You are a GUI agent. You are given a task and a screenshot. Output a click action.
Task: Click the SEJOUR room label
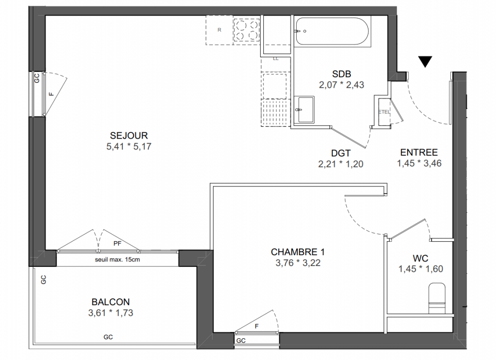tap(129, 135)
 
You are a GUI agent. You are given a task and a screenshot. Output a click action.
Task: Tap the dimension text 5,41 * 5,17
tap(129, 146)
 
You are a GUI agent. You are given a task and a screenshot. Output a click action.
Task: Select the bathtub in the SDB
tap(332, 31)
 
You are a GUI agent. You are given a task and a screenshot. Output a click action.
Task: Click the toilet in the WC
tap(437, 298)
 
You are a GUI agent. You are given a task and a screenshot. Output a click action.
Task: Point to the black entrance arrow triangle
tap(425, 62)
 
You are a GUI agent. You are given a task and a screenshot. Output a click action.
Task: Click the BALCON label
tap(110, 302)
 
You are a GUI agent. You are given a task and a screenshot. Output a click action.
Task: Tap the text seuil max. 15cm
tap(117, 260)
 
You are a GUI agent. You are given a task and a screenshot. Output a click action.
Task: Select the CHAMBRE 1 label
tap(298, 252)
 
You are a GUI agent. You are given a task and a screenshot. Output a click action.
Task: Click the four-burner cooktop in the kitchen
tap(246, 30)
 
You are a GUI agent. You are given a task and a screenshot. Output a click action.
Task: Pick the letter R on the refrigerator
tap(219, 30)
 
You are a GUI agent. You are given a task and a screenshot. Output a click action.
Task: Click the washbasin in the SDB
tap(304, 109)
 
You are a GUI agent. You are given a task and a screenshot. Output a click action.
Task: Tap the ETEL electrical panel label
tap(384, 112)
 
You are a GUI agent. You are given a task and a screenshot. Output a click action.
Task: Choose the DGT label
tap(341, 153)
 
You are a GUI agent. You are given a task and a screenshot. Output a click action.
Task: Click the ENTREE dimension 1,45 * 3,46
tap(419, 163)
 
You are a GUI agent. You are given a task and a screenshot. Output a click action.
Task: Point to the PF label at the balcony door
tap(118, 244)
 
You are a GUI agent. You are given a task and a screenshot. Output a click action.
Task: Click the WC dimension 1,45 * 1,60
tap(421, 269)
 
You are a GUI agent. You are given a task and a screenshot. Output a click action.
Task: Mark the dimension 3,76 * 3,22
tap(298, 263)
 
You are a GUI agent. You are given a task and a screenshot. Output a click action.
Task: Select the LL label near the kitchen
tap(276, 59)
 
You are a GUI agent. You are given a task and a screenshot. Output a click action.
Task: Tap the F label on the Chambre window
tap(257, 326)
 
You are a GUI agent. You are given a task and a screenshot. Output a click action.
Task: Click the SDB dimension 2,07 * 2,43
tap(341, 85)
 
